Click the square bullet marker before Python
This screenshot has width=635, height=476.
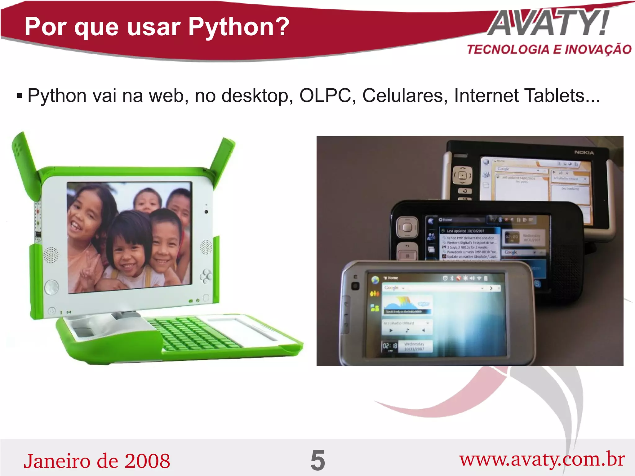[20, 96]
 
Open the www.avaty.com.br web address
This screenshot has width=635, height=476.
[542, 459]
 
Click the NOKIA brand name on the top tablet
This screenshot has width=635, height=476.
[584, 153]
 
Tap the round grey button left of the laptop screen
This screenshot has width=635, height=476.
[51, 287]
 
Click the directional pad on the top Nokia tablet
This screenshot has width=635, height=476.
[462, 176]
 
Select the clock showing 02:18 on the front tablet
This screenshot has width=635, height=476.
[390, 346]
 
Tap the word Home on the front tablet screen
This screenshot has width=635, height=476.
[393, 278]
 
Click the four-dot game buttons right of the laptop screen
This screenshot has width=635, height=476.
[206, 276]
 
